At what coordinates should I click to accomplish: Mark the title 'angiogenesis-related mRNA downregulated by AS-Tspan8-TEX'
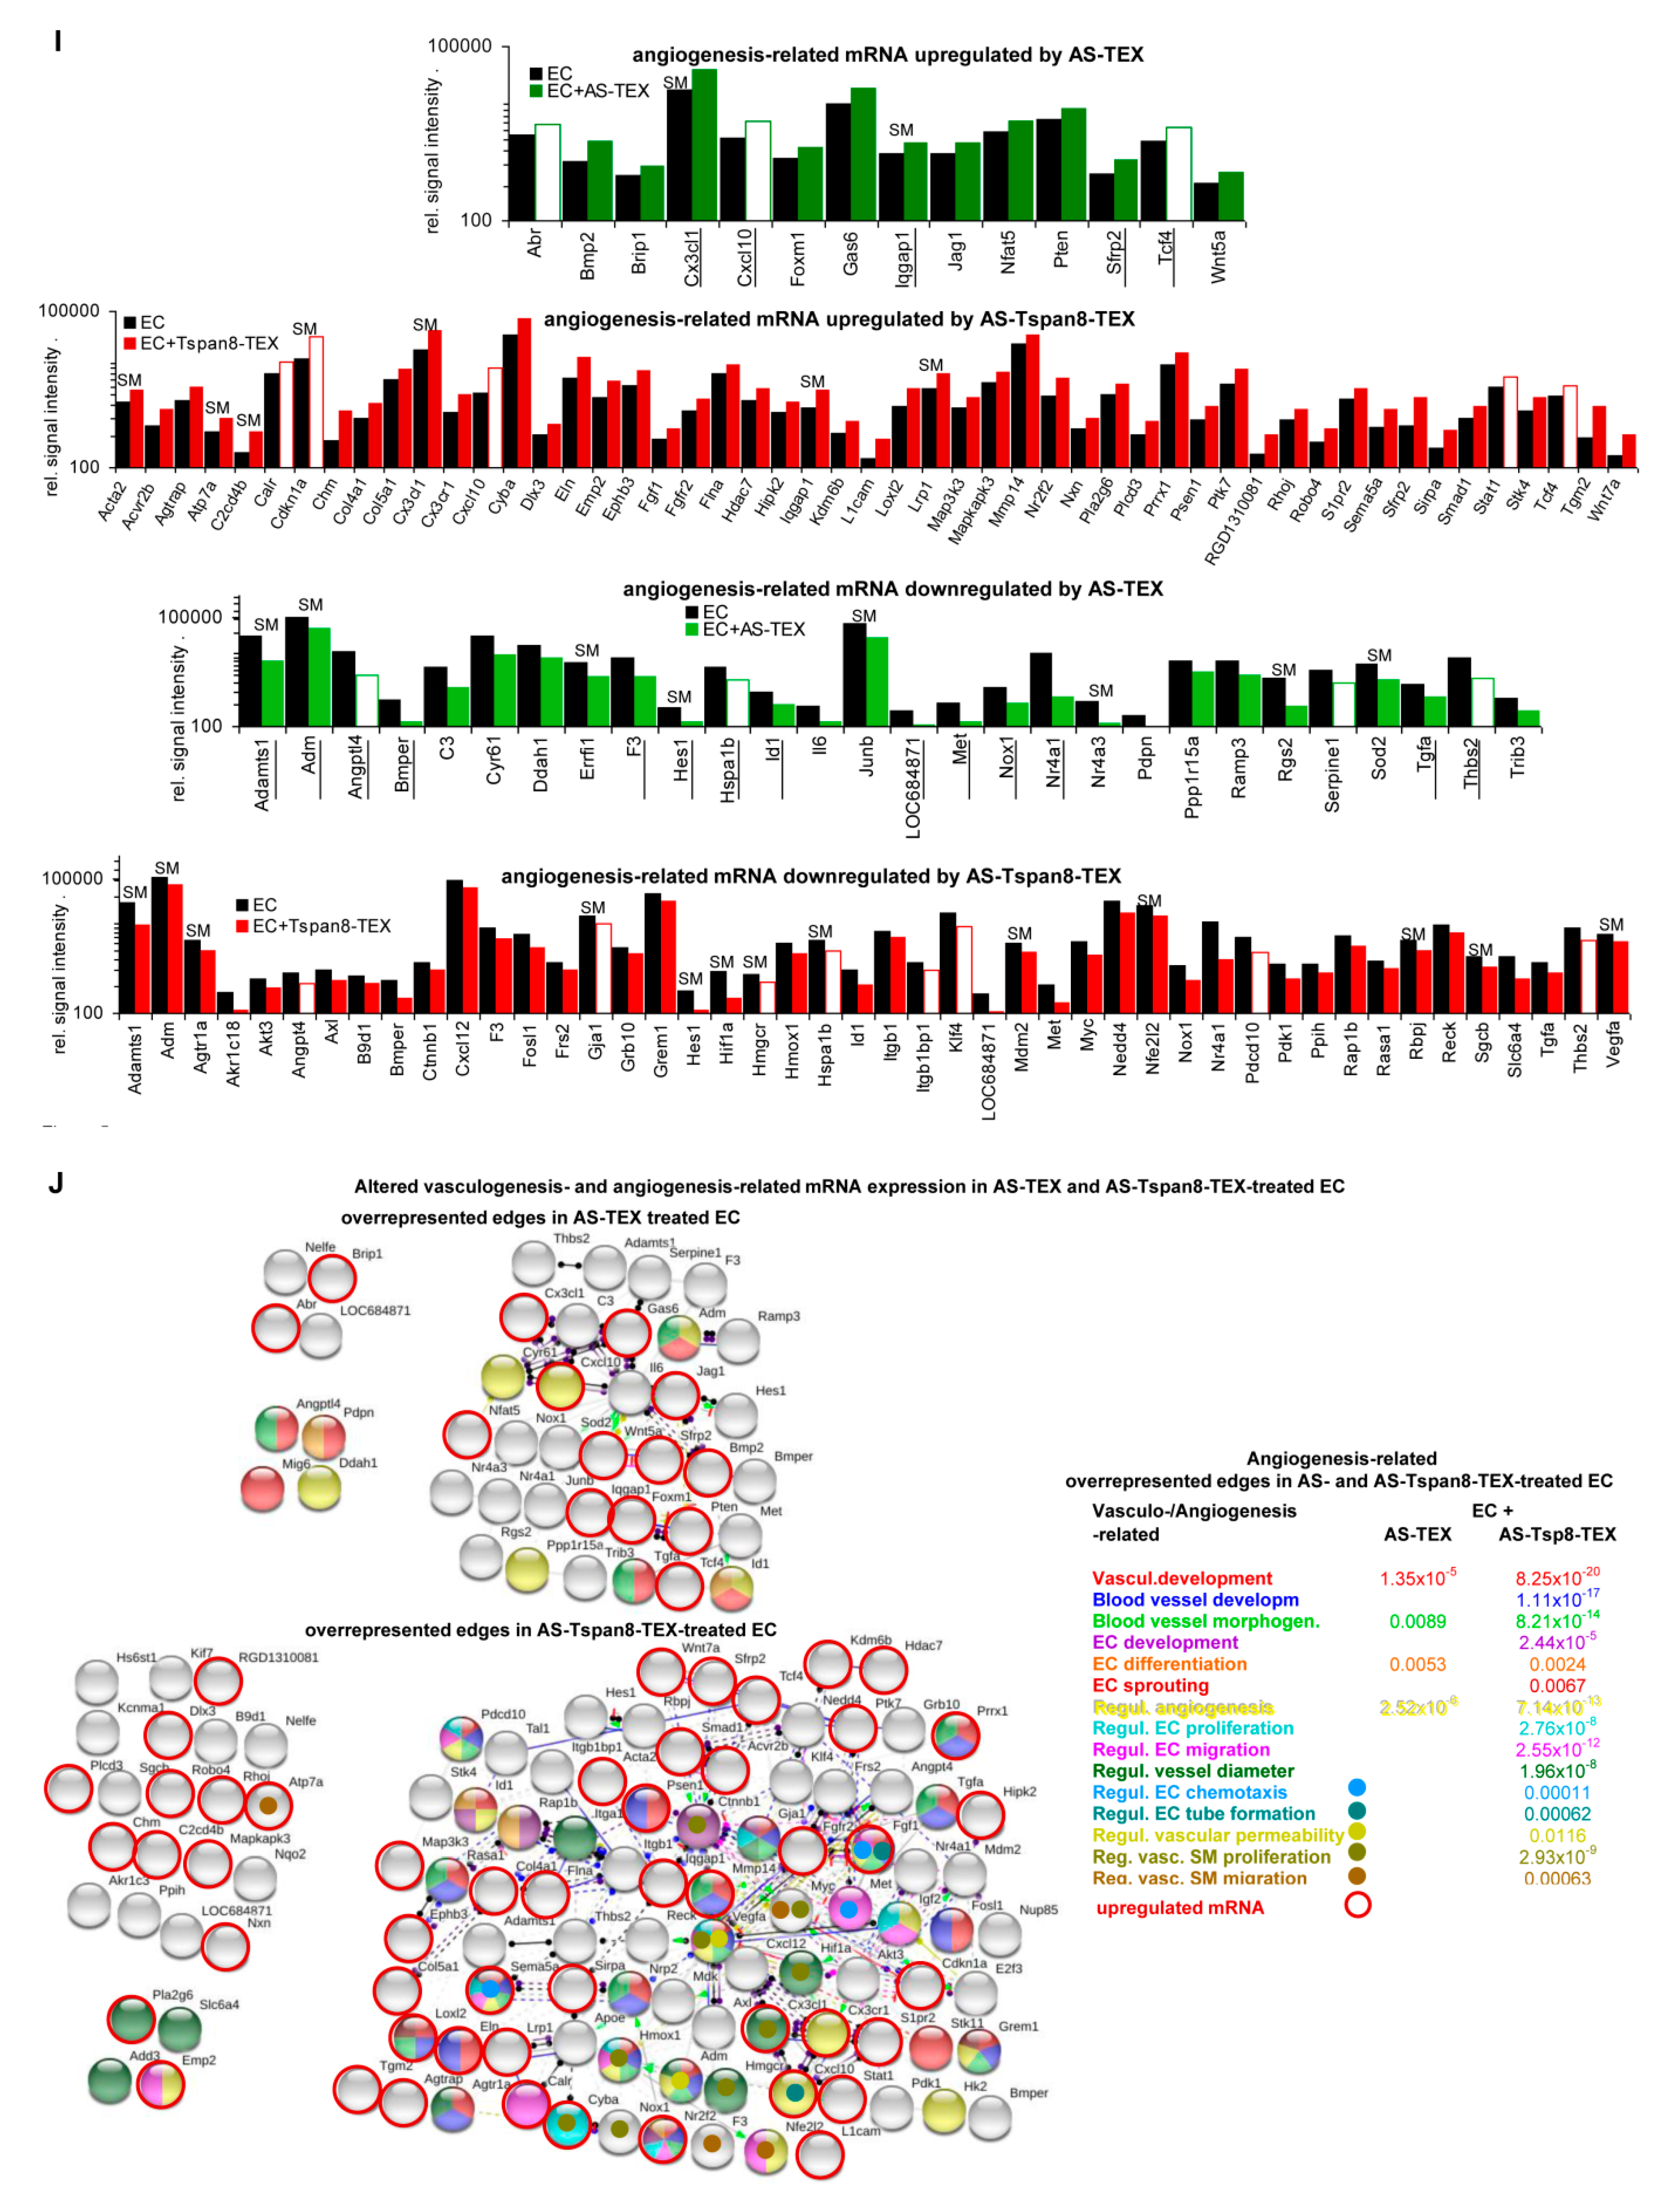[x=811, y=876]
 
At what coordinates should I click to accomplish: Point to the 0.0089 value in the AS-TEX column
[x=1417, y=1621]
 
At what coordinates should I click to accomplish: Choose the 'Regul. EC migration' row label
[x=1181, y=1749]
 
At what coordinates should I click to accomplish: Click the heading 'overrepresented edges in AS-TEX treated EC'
[x=540, y=1217]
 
